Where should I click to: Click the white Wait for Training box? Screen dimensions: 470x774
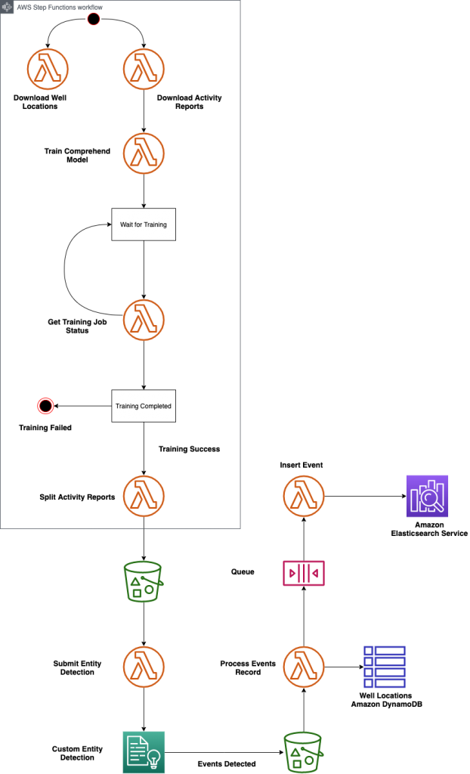tap(144, 224)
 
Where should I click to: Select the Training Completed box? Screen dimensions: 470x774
tap(144, 406)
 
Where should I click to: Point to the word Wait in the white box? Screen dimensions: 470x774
tap(126, 225)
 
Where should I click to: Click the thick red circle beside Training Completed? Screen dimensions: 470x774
tap(45, 407)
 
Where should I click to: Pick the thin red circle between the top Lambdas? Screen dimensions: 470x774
tap(94, 19)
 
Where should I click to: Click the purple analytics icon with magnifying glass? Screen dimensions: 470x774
tap(427, 496)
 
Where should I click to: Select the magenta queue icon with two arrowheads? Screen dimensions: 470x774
tap(304, 574)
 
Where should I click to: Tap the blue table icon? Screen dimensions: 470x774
tap(385, 667)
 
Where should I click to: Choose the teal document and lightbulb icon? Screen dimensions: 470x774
tap(144, 752)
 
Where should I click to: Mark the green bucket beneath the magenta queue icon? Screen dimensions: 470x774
tap(303, 752)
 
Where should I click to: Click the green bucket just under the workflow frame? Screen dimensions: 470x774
tap(144, 581)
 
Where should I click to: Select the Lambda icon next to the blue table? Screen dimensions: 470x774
tap(304, 667)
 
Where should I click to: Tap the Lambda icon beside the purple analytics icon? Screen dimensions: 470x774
tap(304, 496)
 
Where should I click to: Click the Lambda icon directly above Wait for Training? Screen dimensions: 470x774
tap(144, 153)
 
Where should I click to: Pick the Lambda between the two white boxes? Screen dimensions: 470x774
tap(144, 320)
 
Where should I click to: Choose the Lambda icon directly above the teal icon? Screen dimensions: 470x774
tap(144, 667)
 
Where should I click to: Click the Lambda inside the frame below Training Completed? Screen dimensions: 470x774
tap(144, 496)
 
